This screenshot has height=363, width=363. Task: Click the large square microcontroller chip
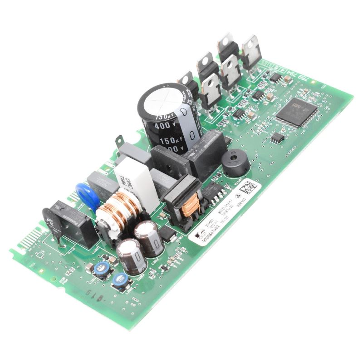(298, 111)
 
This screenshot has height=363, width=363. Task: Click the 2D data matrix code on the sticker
(248, 186)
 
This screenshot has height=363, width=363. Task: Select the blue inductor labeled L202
(121, 281)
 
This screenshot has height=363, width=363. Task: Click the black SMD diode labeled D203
(168, 234)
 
